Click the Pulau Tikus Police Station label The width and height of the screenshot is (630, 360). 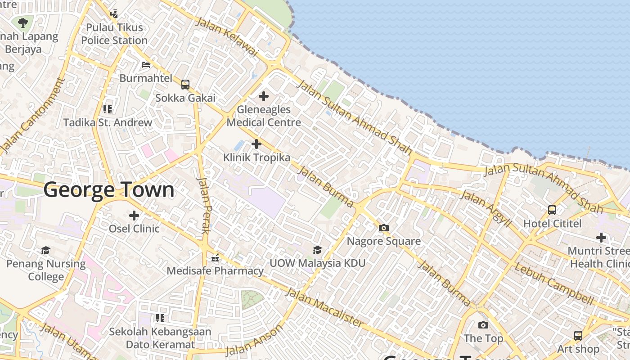(114, 34)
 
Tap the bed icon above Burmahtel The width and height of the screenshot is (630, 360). (145, 65)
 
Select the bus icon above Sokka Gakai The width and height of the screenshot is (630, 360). (185, 84)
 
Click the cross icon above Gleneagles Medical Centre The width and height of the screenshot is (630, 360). (264, 96)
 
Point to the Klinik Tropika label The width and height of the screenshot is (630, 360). (256, 157)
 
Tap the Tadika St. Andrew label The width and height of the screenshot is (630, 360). (108, 122)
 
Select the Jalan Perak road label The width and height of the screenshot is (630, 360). (204, 205)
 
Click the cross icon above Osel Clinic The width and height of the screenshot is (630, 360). (134, 216)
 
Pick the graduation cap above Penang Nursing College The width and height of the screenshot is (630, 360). (45, 250)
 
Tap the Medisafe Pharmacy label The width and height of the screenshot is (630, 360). (215, 271)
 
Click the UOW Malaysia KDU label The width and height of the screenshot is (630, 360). (317, 263)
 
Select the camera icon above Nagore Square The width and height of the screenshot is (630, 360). (383, 228)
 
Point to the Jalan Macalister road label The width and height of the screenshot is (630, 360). (324, 308)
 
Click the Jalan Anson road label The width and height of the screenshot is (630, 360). (254, 340)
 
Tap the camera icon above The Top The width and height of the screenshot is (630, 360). (483, 325)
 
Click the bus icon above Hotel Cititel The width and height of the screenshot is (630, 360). (552, 210)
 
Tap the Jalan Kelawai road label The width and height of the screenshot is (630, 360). (226, 37)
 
